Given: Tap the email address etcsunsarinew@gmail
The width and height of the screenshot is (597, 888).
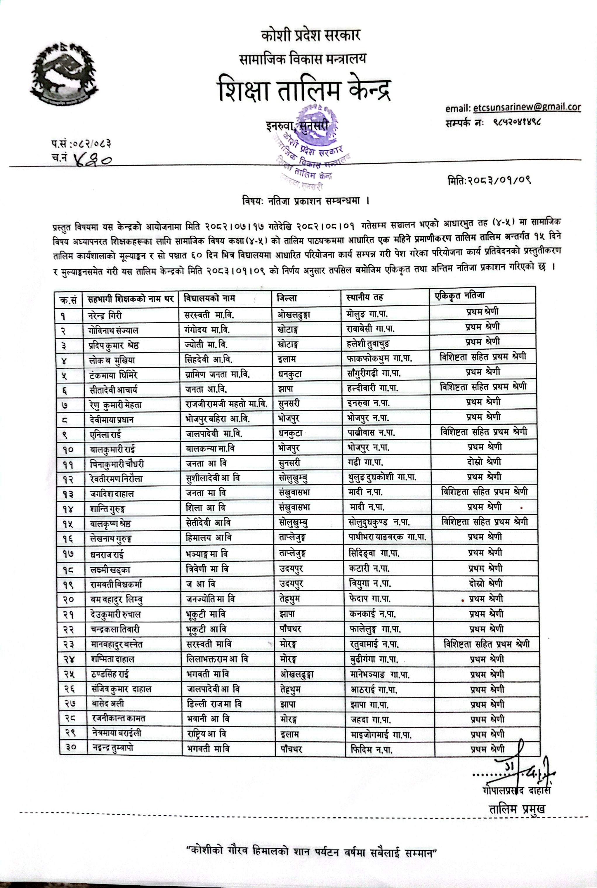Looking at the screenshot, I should [x=527, y=108].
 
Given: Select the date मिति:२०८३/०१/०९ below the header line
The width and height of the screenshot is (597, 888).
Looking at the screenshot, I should [x=489, y=180].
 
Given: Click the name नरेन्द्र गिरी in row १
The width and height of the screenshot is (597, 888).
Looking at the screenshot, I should [x=105, y=316].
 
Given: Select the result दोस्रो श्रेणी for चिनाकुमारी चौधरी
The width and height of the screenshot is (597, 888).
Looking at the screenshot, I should [x=484, y=462].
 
